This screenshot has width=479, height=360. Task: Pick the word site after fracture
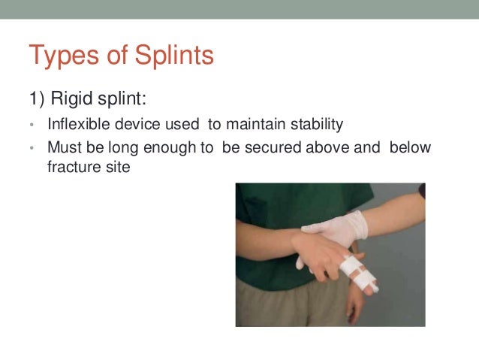(x=116, y=167)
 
